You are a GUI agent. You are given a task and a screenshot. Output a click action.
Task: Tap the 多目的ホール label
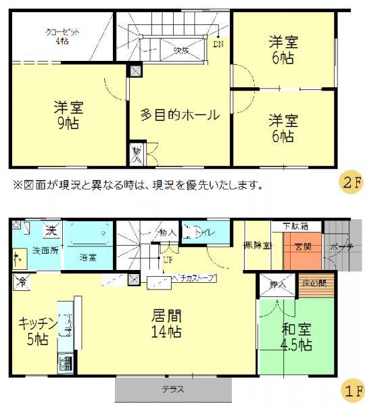[x=180, y=115]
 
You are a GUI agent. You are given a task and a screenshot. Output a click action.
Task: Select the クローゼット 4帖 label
[x=57, y=36]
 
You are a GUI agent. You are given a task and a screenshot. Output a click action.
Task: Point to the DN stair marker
[x=218, y=45]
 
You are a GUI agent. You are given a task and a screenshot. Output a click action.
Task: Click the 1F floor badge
[x=351, y=390]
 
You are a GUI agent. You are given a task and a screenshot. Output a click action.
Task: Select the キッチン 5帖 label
[x=32, y=331]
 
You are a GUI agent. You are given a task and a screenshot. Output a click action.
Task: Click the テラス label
[x=173, y=390]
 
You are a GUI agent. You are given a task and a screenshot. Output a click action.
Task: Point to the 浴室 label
[x=87, y=256]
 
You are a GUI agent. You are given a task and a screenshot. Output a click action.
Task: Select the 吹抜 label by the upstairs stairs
[x=180, y=49]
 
